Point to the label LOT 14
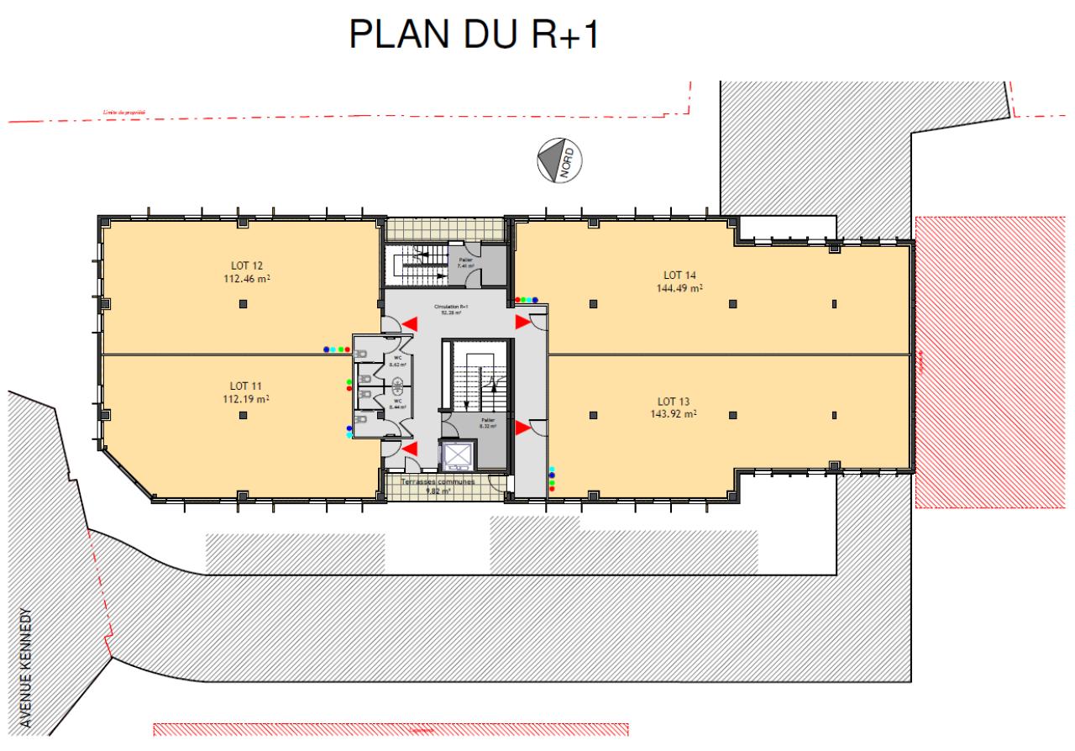679,275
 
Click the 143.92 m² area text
679,413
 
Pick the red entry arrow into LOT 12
410,323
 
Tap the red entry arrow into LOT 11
410,451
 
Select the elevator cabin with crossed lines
459,455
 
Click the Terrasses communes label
438,482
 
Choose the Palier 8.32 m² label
487,423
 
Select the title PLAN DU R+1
475,35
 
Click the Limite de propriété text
124,112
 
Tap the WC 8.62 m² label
398,361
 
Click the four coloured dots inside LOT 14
527,299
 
